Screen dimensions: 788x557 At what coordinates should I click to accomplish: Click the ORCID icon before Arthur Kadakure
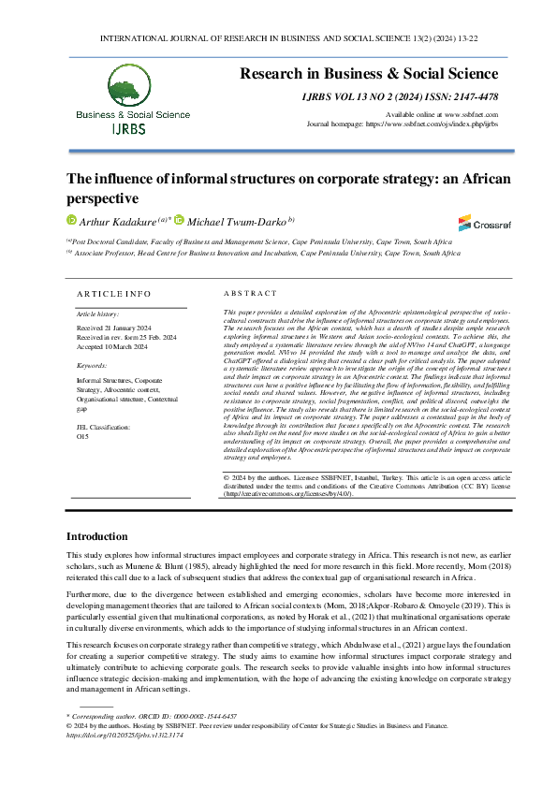pos(69,221)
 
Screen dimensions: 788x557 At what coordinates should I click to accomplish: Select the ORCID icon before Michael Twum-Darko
pos(179,221)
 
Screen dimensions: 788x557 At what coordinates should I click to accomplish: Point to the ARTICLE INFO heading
pos(111,294)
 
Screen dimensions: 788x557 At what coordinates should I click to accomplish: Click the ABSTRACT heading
pos(250,294)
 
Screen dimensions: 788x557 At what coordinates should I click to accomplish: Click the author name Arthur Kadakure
pos(115,221)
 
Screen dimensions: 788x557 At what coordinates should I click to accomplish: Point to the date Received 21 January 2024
pos(114,328)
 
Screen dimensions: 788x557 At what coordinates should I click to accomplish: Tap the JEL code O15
pos(82,436)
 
